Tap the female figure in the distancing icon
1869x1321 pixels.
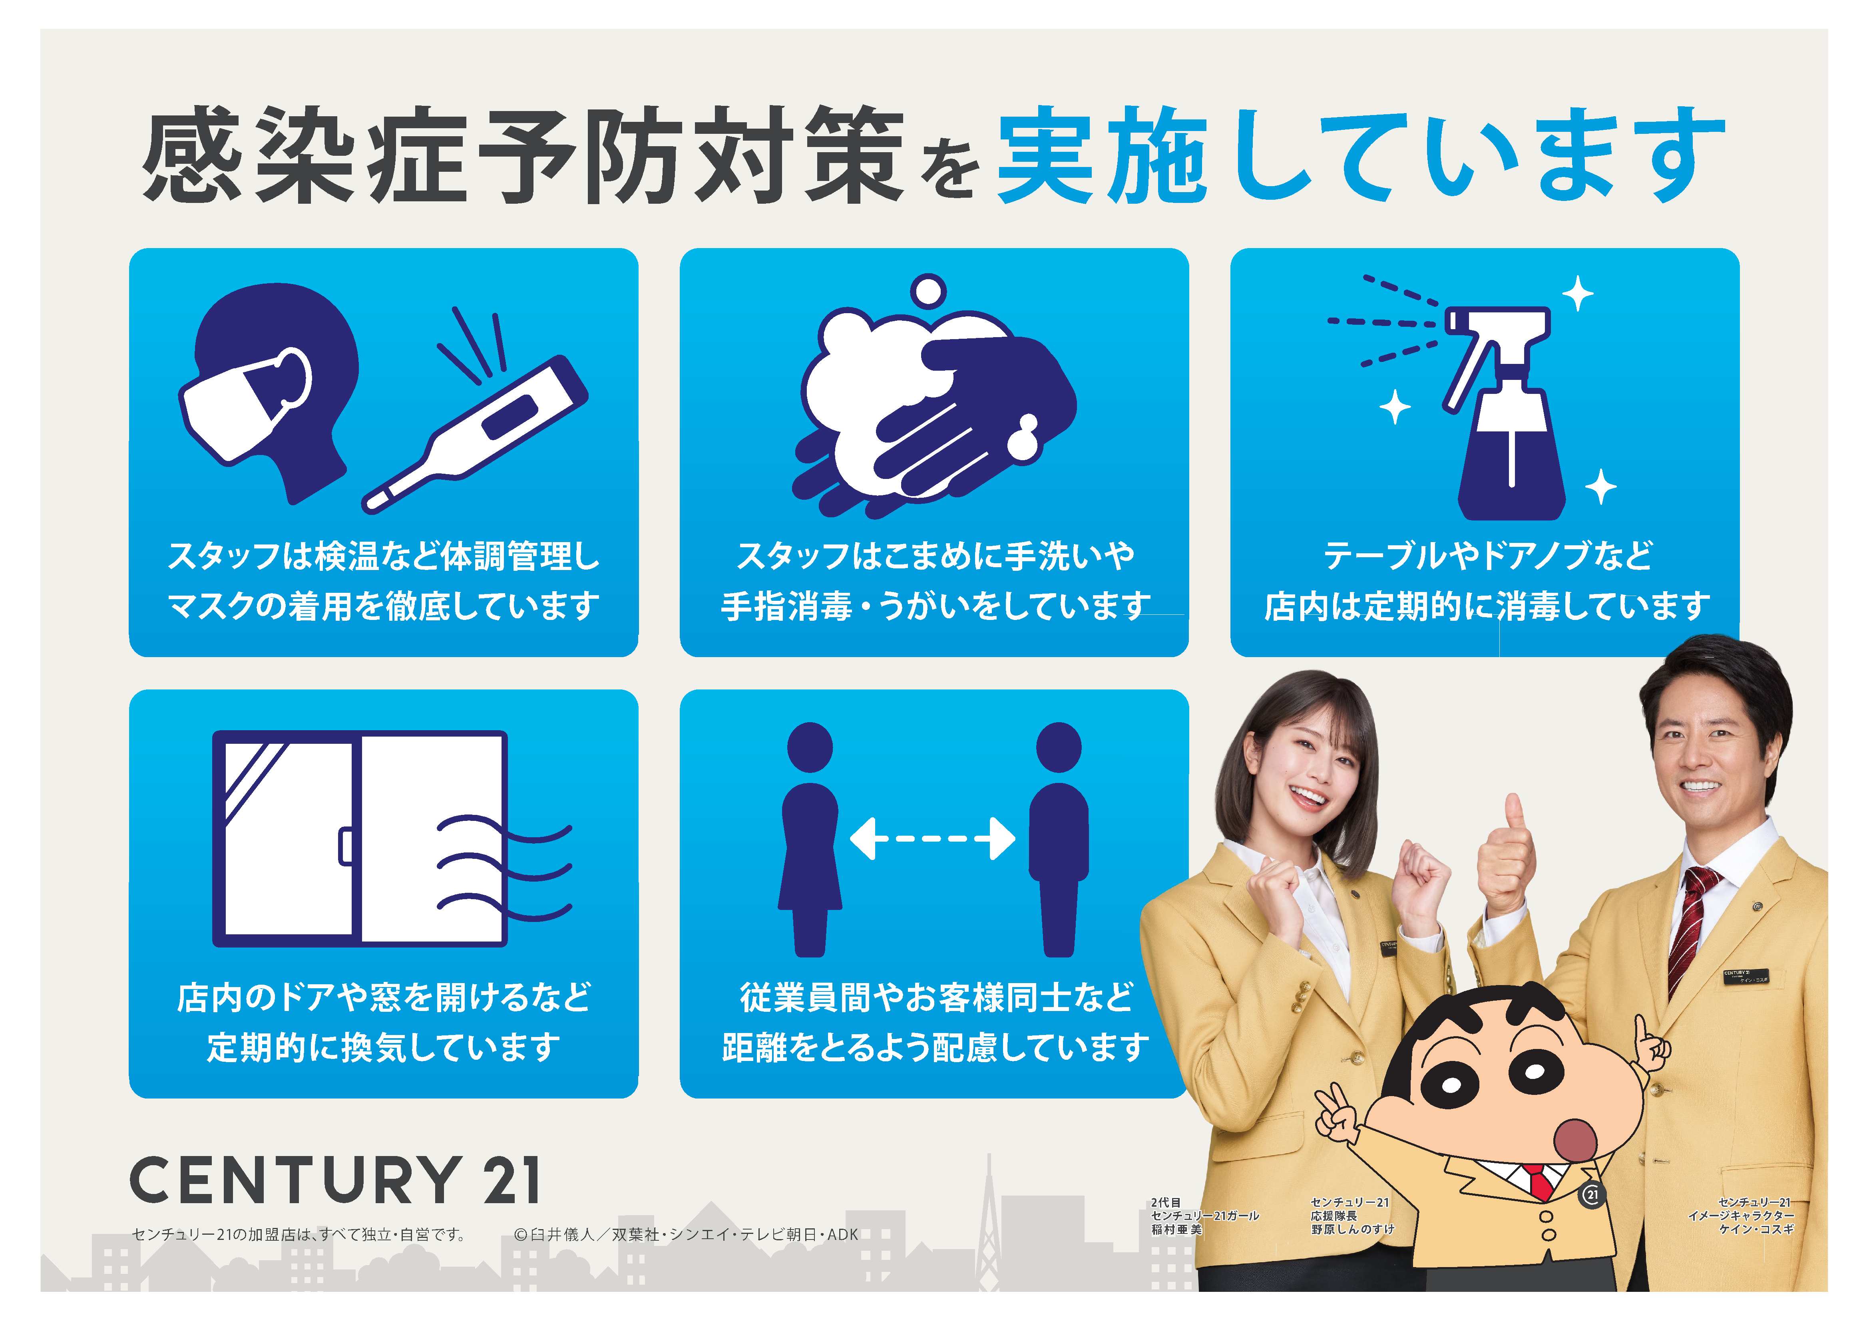click(x=810, y=838)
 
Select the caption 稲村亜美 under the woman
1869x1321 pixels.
click(x=1176, y=1229)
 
